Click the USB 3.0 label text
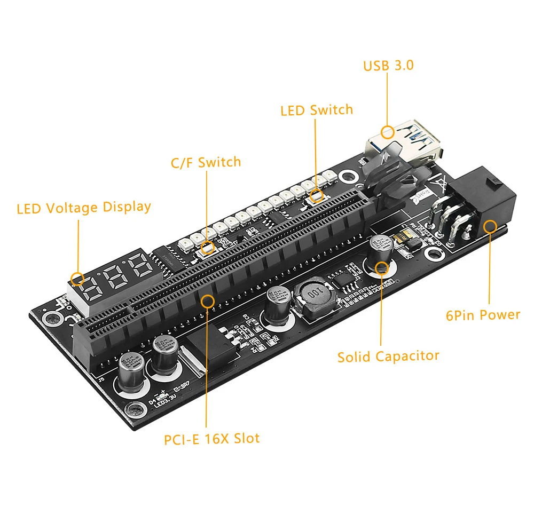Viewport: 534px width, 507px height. click(x=388, y=66)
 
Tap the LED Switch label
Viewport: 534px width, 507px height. click(x=317, y=110)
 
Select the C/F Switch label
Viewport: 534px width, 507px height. click(x=206, y=162)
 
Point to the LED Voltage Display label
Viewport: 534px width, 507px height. click(x=84, y=207)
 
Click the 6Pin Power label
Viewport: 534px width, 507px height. click(x=483, y=315)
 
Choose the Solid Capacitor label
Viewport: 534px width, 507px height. click(x=388, y=356)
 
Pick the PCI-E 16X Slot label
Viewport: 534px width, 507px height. click(x=212, y=439)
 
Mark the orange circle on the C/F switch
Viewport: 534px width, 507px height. click(x=208, y=247)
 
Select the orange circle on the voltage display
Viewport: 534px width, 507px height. click(x=78, y=278)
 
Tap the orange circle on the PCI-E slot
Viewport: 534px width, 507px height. click(x=208, y=301)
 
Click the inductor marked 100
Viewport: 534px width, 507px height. click(x=313, y=299)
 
